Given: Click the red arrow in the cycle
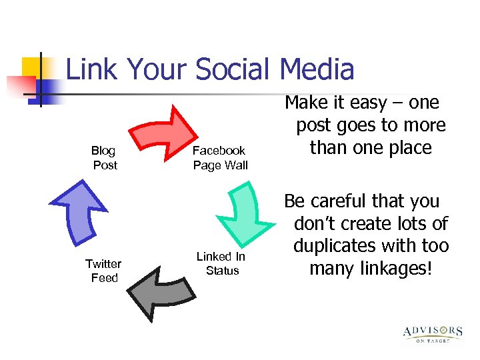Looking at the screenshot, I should tap(160, 133).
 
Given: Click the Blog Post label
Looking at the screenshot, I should tap(104, 158).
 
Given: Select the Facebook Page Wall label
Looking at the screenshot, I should tap(219, 158).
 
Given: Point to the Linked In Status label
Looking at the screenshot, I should tap(221, 263).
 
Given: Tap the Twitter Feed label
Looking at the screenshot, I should tap(103, 271).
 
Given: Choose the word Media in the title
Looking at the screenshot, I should tap(317, 70).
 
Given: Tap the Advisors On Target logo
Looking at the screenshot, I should tap(432, 333).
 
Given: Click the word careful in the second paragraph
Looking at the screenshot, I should tap(340, 201).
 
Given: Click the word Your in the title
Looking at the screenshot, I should tap(157, 70).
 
